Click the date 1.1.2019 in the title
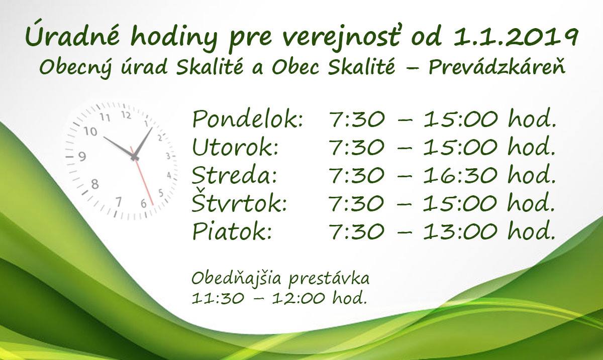(514, 37)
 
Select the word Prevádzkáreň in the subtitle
(497, 67)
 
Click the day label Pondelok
(248, 119)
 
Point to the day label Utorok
(235, 147)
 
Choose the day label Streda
(234, 175)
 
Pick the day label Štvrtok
(240, 202)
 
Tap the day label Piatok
(232, 231)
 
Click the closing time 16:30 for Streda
(460, 175)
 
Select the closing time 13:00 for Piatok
(460, 231)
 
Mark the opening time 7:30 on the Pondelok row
(357, 119)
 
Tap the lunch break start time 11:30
(218, 299)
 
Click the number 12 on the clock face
(126, 115)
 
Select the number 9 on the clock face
(82, 156)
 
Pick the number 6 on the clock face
(144, 203)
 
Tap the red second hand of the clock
(142, 176)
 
